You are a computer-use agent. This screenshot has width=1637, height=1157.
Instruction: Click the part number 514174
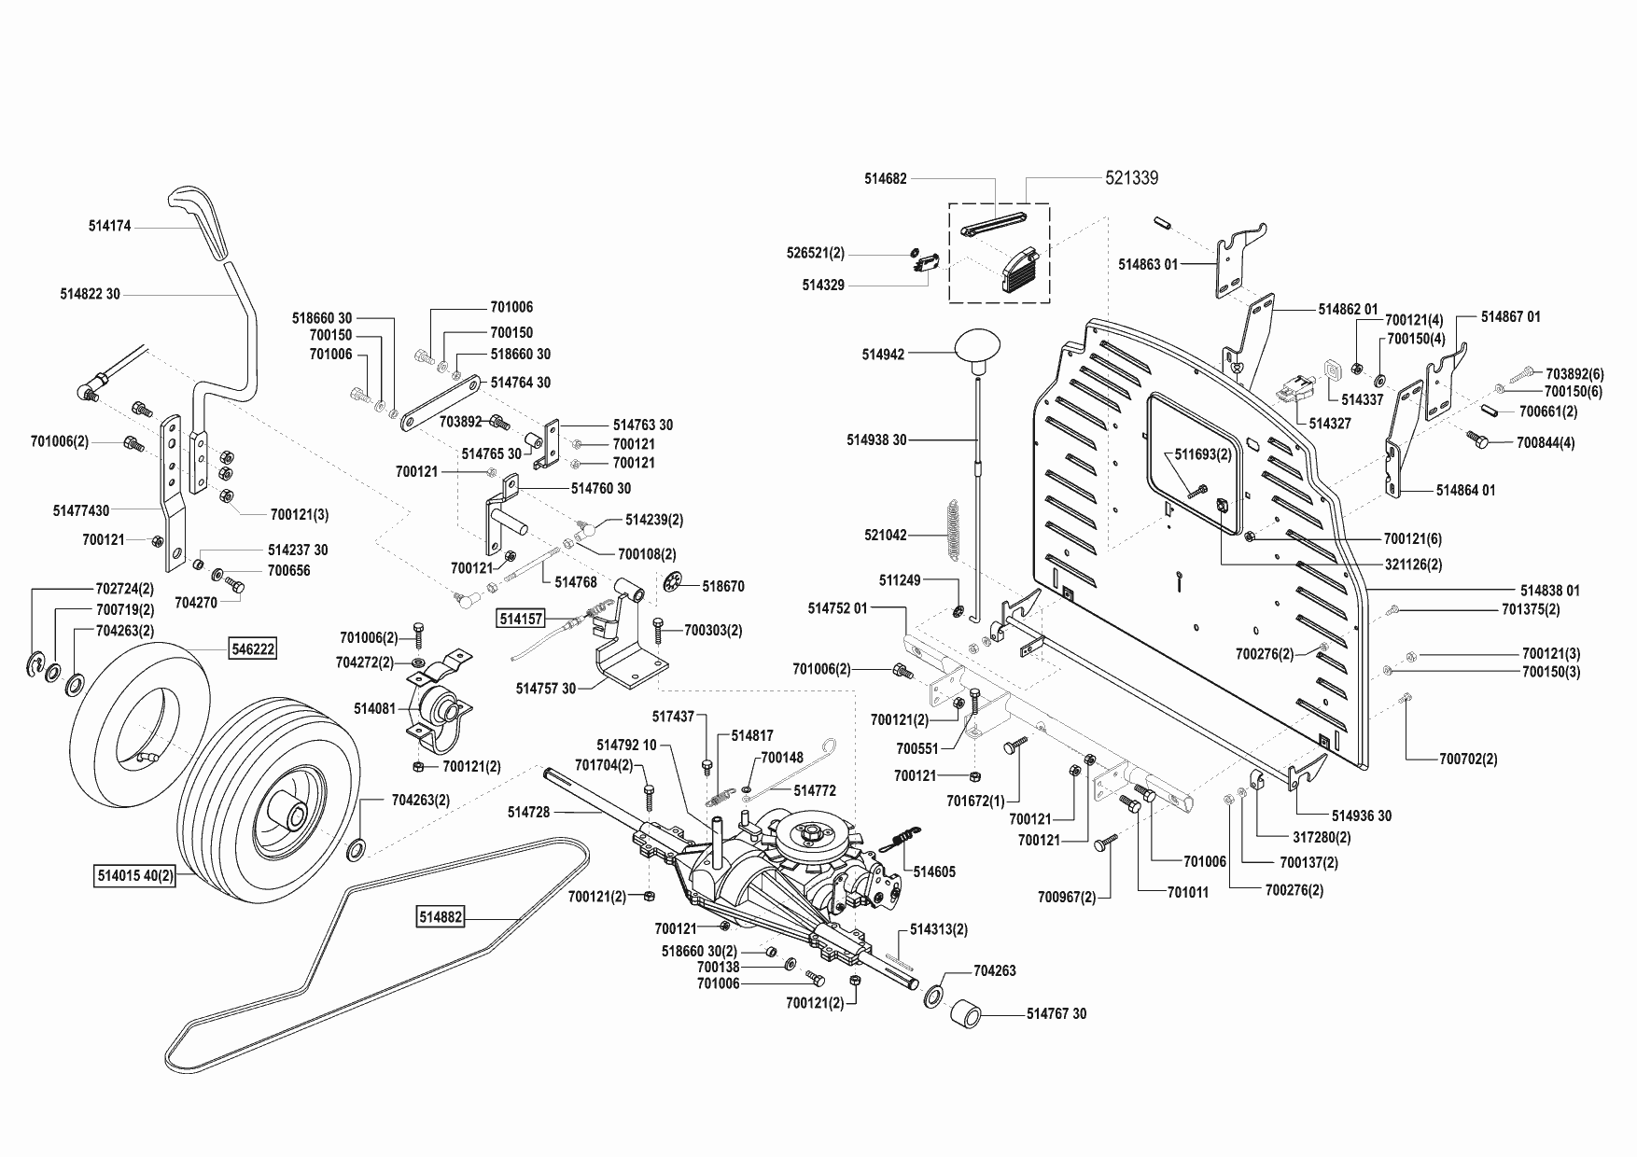(x=110, y=225)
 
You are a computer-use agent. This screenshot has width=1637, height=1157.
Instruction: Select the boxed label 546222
(x=254, y=648)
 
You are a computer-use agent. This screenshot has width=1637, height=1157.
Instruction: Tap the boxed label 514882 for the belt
(x=440, y=918)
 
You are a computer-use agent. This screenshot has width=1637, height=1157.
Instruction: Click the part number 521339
(x=1131, y=177)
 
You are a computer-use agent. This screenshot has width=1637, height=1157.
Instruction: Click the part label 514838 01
(x=1549, y=591)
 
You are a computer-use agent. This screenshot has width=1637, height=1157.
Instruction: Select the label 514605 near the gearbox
(x=934, y=871)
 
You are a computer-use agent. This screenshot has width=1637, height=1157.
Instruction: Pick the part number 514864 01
(x=1465, y=490)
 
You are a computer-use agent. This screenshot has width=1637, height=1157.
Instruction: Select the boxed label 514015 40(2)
(x=135, y=877)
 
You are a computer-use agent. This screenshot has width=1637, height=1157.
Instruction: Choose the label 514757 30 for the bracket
(x=546, y=689)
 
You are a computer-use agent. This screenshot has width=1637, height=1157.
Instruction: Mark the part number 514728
(x=528, y=813)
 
